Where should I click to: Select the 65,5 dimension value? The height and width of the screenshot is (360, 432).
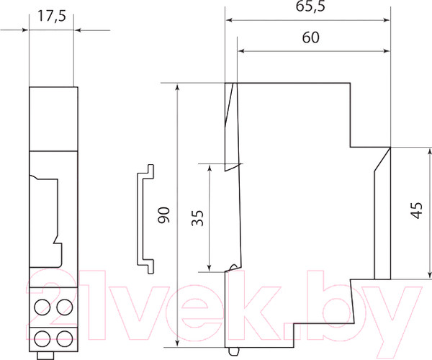[x=308, y=8]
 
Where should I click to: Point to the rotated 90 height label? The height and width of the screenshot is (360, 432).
[x=164, y=215]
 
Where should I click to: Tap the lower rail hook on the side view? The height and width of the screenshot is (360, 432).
[x=232, y=268]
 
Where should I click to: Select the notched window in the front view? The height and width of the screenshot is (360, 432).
[x=45, y=209]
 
